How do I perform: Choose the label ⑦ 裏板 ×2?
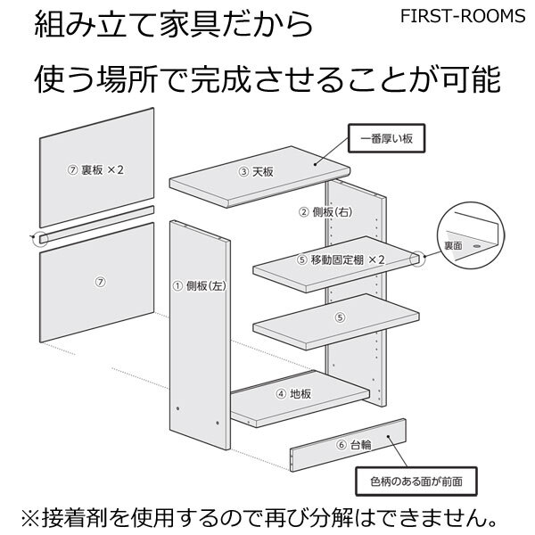(x=95, y=169)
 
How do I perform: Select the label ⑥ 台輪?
(x=354, y=444)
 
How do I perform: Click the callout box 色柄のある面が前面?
(x=415, y=481)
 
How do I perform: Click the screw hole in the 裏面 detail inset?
(x=479, y=242)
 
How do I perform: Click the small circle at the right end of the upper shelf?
(x=416, y=258)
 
